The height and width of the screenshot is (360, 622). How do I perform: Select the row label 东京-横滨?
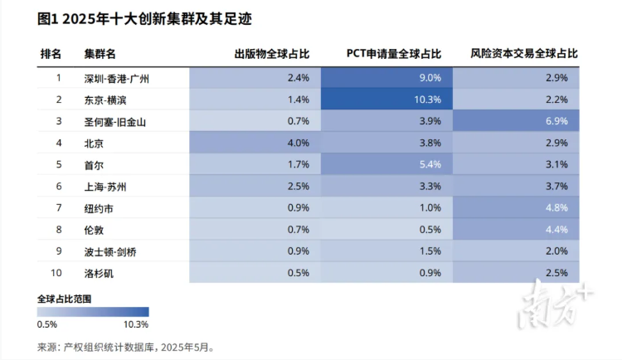tap(105, 100)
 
